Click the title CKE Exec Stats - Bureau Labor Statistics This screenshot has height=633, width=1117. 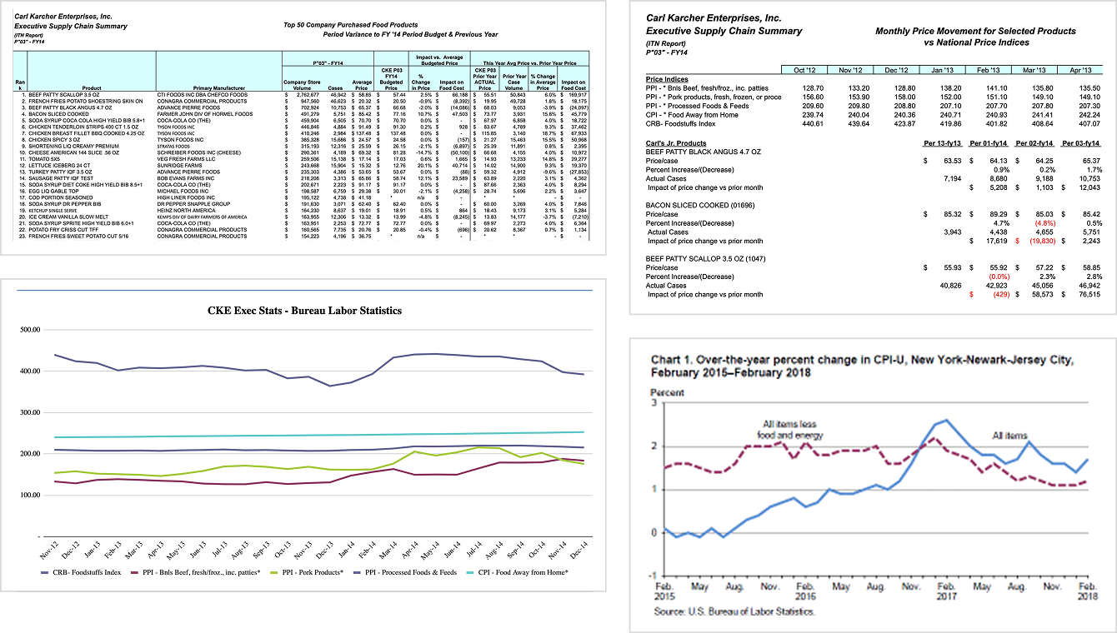(304, 311)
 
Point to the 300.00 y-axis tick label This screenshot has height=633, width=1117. (29, 412)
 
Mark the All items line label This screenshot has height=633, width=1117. (1010, 436)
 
